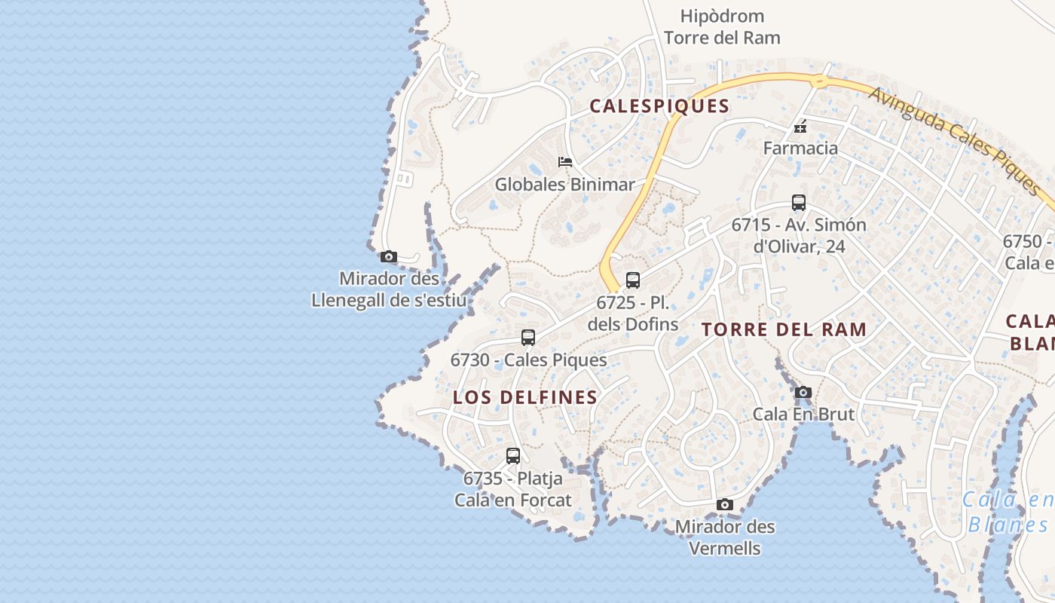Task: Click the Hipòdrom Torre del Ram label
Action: pos(722,26)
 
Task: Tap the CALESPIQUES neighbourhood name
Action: pos(659,106)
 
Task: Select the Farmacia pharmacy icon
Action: pos(800,126)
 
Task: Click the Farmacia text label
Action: pos(800,148)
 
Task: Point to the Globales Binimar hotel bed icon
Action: pos(565,162)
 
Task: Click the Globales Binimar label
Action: pos(564,185)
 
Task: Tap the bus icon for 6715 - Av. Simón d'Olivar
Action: pos(799,203)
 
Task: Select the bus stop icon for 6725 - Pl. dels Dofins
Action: pos(633,280)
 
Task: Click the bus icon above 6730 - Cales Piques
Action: pos(528,338)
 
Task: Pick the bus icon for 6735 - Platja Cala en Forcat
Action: pos(513,456)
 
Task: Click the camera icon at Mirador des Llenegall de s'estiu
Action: pos(389,256)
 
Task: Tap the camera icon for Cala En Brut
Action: pos(803,392)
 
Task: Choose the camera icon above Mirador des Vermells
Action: pos(725,504)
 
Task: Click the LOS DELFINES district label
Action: pos(525,398)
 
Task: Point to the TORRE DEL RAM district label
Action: pos(784,329)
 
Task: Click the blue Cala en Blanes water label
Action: pos(1008,512)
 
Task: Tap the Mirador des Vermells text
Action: pos(725,537)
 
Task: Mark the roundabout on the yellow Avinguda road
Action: pos(820,80)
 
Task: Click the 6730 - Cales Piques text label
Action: pos(528,360)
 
